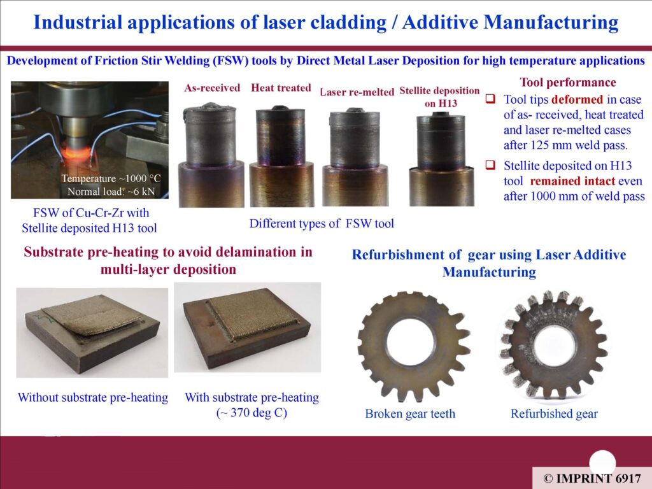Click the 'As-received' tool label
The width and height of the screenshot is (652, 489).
[x=212, y=88]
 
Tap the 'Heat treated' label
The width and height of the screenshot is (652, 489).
[x=281, y=88]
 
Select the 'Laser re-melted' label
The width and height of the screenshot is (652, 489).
[x=357, y=92]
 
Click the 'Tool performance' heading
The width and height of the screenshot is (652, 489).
[x=567, y=82]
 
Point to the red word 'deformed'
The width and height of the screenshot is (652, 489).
[x=577, y=99]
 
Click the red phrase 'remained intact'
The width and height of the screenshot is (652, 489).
[x=572, y=181]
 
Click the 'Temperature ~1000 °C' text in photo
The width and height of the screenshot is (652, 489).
[x=111, y=178]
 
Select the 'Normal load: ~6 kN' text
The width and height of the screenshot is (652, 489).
[x=111, y=191]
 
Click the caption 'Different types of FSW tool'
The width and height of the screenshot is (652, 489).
[x=322, y=223]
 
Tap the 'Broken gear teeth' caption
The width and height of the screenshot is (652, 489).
[x=410, y=414]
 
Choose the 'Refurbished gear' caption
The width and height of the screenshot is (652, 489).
[x=554, y=414]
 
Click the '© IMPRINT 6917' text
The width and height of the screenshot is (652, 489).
[x=592, y=478]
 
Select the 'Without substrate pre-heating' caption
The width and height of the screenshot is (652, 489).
[x=93, y=397]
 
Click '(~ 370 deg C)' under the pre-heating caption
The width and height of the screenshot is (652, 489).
[x=252, y=413]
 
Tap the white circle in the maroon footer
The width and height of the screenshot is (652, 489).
[x=602, y=462]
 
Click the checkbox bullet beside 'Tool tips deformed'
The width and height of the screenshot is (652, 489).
[x=491, y=99]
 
